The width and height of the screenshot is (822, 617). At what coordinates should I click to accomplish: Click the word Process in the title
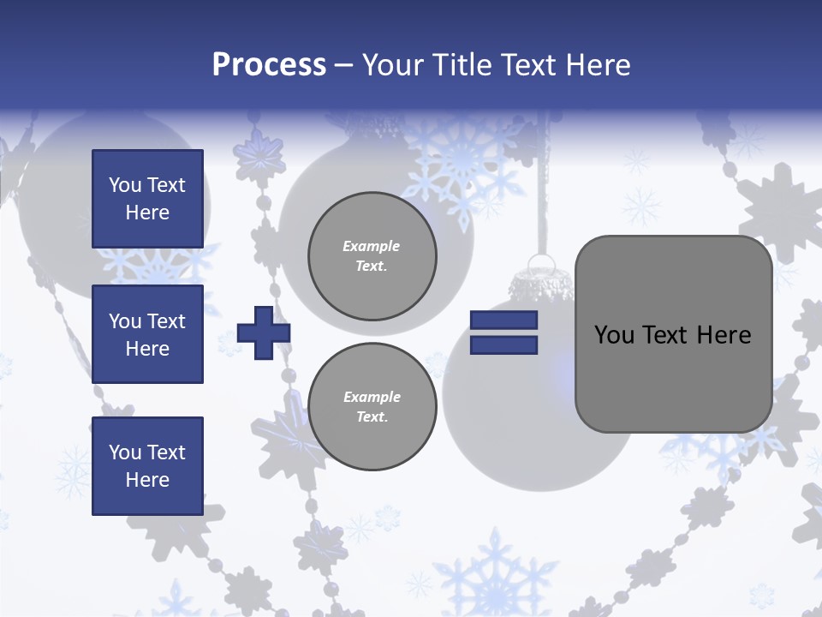(269, 65)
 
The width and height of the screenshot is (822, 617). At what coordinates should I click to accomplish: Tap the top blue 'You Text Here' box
(147, 199)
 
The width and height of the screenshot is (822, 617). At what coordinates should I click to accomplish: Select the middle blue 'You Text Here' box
(147, 334)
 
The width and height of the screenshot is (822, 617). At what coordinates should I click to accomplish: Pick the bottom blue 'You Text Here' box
(147, 465)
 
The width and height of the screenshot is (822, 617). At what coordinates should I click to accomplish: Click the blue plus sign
(264, 332)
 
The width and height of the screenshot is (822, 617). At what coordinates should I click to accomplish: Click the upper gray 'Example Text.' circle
(372, 255)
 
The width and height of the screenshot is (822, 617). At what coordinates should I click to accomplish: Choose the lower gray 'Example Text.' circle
(372, 406)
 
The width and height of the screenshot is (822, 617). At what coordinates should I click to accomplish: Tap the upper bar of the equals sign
(503, 320)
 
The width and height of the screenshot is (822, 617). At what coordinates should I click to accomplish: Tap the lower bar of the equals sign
(503, 344)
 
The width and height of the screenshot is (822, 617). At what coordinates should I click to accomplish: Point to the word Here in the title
(598, 65)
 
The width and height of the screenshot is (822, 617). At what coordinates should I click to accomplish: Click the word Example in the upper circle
(372, 247)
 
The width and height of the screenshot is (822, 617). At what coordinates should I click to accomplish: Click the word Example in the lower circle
(372, 397)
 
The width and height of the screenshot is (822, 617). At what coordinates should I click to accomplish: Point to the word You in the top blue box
(124, 185)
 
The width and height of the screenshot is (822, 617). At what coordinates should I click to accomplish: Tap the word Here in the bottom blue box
(147, 480)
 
